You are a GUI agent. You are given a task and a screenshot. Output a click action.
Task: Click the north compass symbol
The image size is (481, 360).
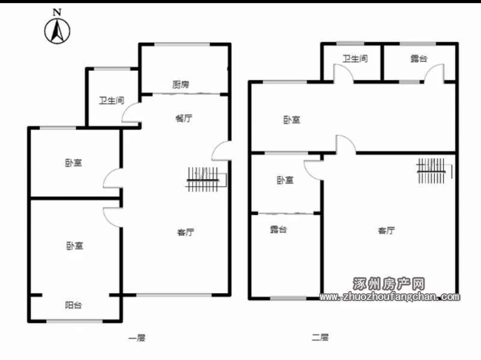tap(57, 31)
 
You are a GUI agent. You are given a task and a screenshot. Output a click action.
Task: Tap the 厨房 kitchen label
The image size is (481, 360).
tap(180, 84)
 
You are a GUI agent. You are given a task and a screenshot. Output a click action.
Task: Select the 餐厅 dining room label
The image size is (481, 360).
tap(184, 118)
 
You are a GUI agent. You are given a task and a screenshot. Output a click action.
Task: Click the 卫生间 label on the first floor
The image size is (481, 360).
tap(111, 100)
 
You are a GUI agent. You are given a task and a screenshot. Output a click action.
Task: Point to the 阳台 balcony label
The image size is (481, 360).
tap(73, 305)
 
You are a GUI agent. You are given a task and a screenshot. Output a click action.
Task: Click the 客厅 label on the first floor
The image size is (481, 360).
tap(186, 232)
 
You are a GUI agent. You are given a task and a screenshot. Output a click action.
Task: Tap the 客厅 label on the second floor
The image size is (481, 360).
tap(386, 230)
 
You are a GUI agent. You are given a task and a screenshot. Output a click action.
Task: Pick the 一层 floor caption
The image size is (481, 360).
tap(136, 338)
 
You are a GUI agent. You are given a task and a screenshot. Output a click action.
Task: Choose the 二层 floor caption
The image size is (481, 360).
tap(320, 338)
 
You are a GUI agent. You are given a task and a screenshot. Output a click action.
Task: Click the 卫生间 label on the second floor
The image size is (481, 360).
tap(355, 58)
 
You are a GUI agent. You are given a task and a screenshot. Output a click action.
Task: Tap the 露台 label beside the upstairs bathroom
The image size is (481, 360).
tap(418, 58)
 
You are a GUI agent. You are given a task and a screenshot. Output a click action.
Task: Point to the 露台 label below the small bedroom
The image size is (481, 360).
tap(278, 230)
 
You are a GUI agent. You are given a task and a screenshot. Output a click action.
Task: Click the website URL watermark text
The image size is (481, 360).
tap(390, 296)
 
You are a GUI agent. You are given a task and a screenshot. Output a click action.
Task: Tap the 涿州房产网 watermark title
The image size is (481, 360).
tap(388, 284)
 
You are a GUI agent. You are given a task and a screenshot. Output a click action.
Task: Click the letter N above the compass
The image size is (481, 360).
tap(57, 12)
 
